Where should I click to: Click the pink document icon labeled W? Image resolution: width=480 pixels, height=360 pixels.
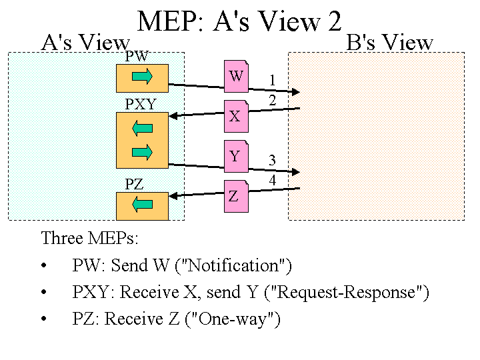(x=236, y=76)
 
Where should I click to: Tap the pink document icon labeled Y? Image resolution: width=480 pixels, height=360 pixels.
(x=236, y=156)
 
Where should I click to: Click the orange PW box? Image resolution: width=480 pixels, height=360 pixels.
(x=142, y=78)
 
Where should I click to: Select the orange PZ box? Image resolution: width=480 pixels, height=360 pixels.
(x=142, y=205)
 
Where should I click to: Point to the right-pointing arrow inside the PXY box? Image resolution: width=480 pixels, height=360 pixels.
(x=142, y=153)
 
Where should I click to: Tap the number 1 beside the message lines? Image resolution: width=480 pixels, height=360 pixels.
(x=272, y=80)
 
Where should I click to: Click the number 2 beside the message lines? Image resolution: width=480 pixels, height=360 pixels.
(x=272, y=101)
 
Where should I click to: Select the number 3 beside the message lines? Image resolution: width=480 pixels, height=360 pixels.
(x=272, y=160)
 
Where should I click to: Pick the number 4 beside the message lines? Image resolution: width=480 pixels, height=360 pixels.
(x=272, y=180)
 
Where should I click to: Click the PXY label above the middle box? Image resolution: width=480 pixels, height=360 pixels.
(x=141, y=105)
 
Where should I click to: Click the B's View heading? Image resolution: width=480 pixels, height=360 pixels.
(x=390, y=43)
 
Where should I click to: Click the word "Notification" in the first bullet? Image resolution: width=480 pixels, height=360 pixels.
(x=237, y=265)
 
